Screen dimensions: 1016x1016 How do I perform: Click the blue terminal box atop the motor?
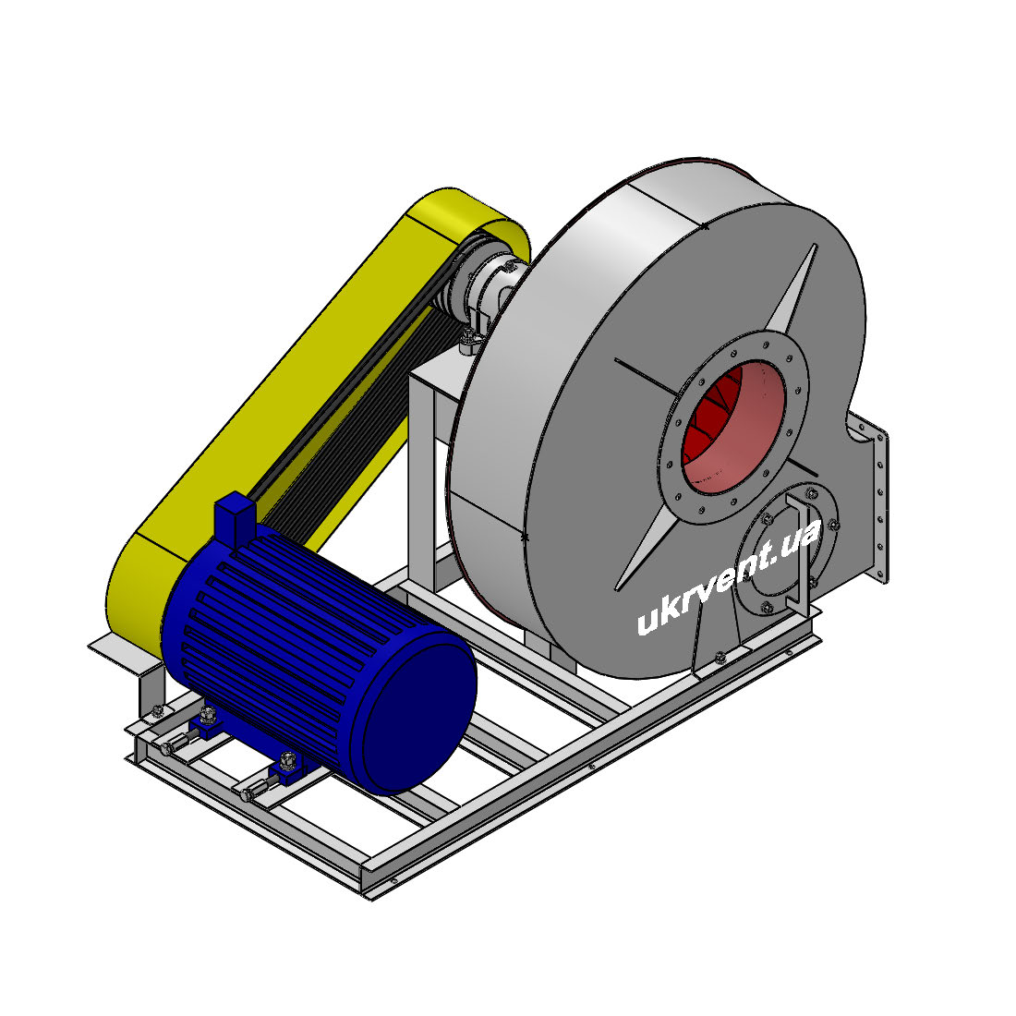[x=234, y=517]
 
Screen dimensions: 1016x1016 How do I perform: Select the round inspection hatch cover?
[x=786, y=550]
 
